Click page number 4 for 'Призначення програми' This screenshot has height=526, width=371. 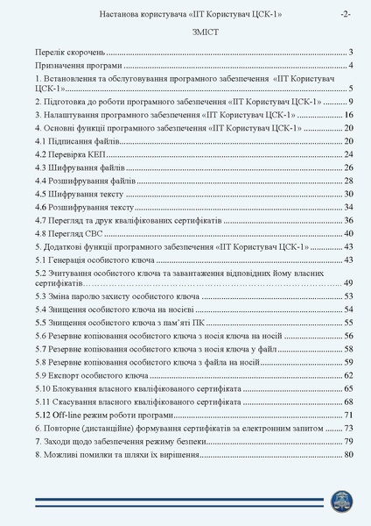(349, 65)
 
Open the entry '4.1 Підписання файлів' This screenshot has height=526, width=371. (75, 140)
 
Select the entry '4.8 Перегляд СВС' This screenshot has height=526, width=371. (71, 233)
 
